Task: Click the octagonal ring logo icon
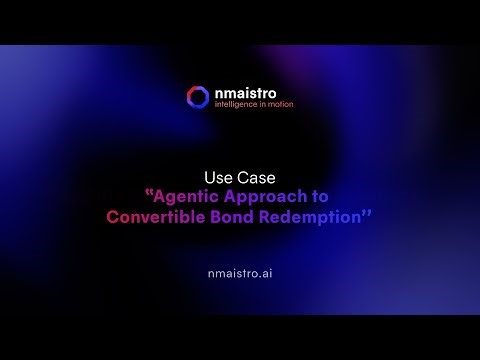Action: click(197, 97)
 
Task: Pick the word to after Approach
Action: click(319, 195)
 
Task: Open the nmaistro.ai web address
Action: click(239, 271)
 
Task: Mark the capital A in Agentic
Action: click(162, 195)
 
